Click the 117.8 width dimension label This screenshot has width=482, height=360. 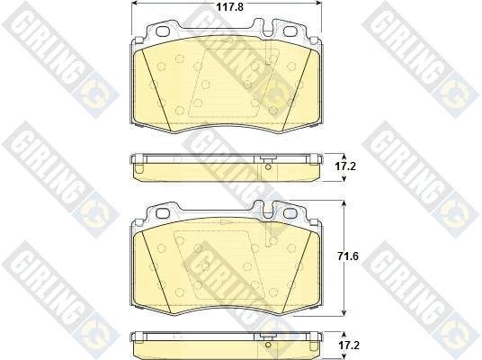tap(229, 7)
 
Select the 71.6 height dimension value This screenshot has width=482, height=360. tap(348, 256)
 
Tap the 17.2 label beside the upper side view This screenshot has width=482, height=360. tap(345, 166)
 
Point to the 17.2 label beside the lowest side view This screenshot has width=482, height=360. tap(348, 346)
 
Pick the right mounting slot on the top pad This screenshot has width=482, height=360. tap(290, 31)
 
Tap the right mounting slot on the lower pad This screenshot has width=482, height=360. tap(290, 212)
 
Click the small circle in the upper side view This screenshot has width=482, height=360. tap(268, 167)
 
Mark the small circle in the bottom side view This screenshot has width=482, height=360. tap(268, 345)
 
